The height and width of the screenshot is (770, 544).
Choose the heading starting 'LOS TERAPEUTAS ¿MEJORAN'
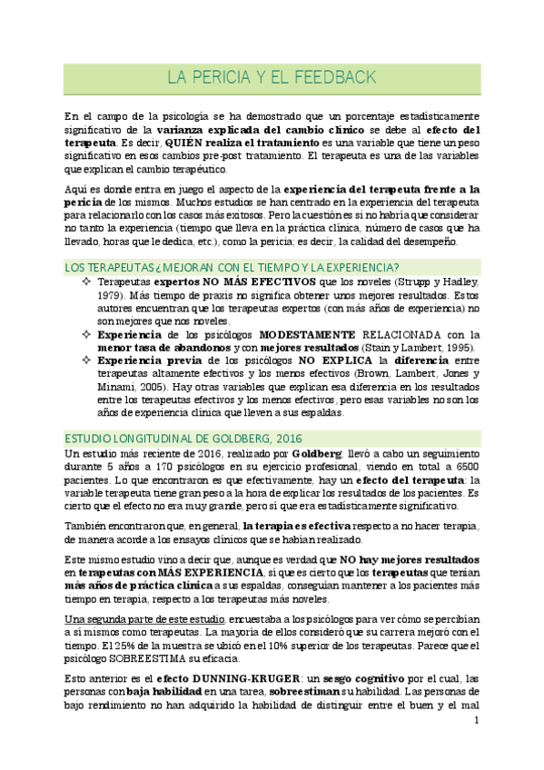(x=232, y=266)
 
